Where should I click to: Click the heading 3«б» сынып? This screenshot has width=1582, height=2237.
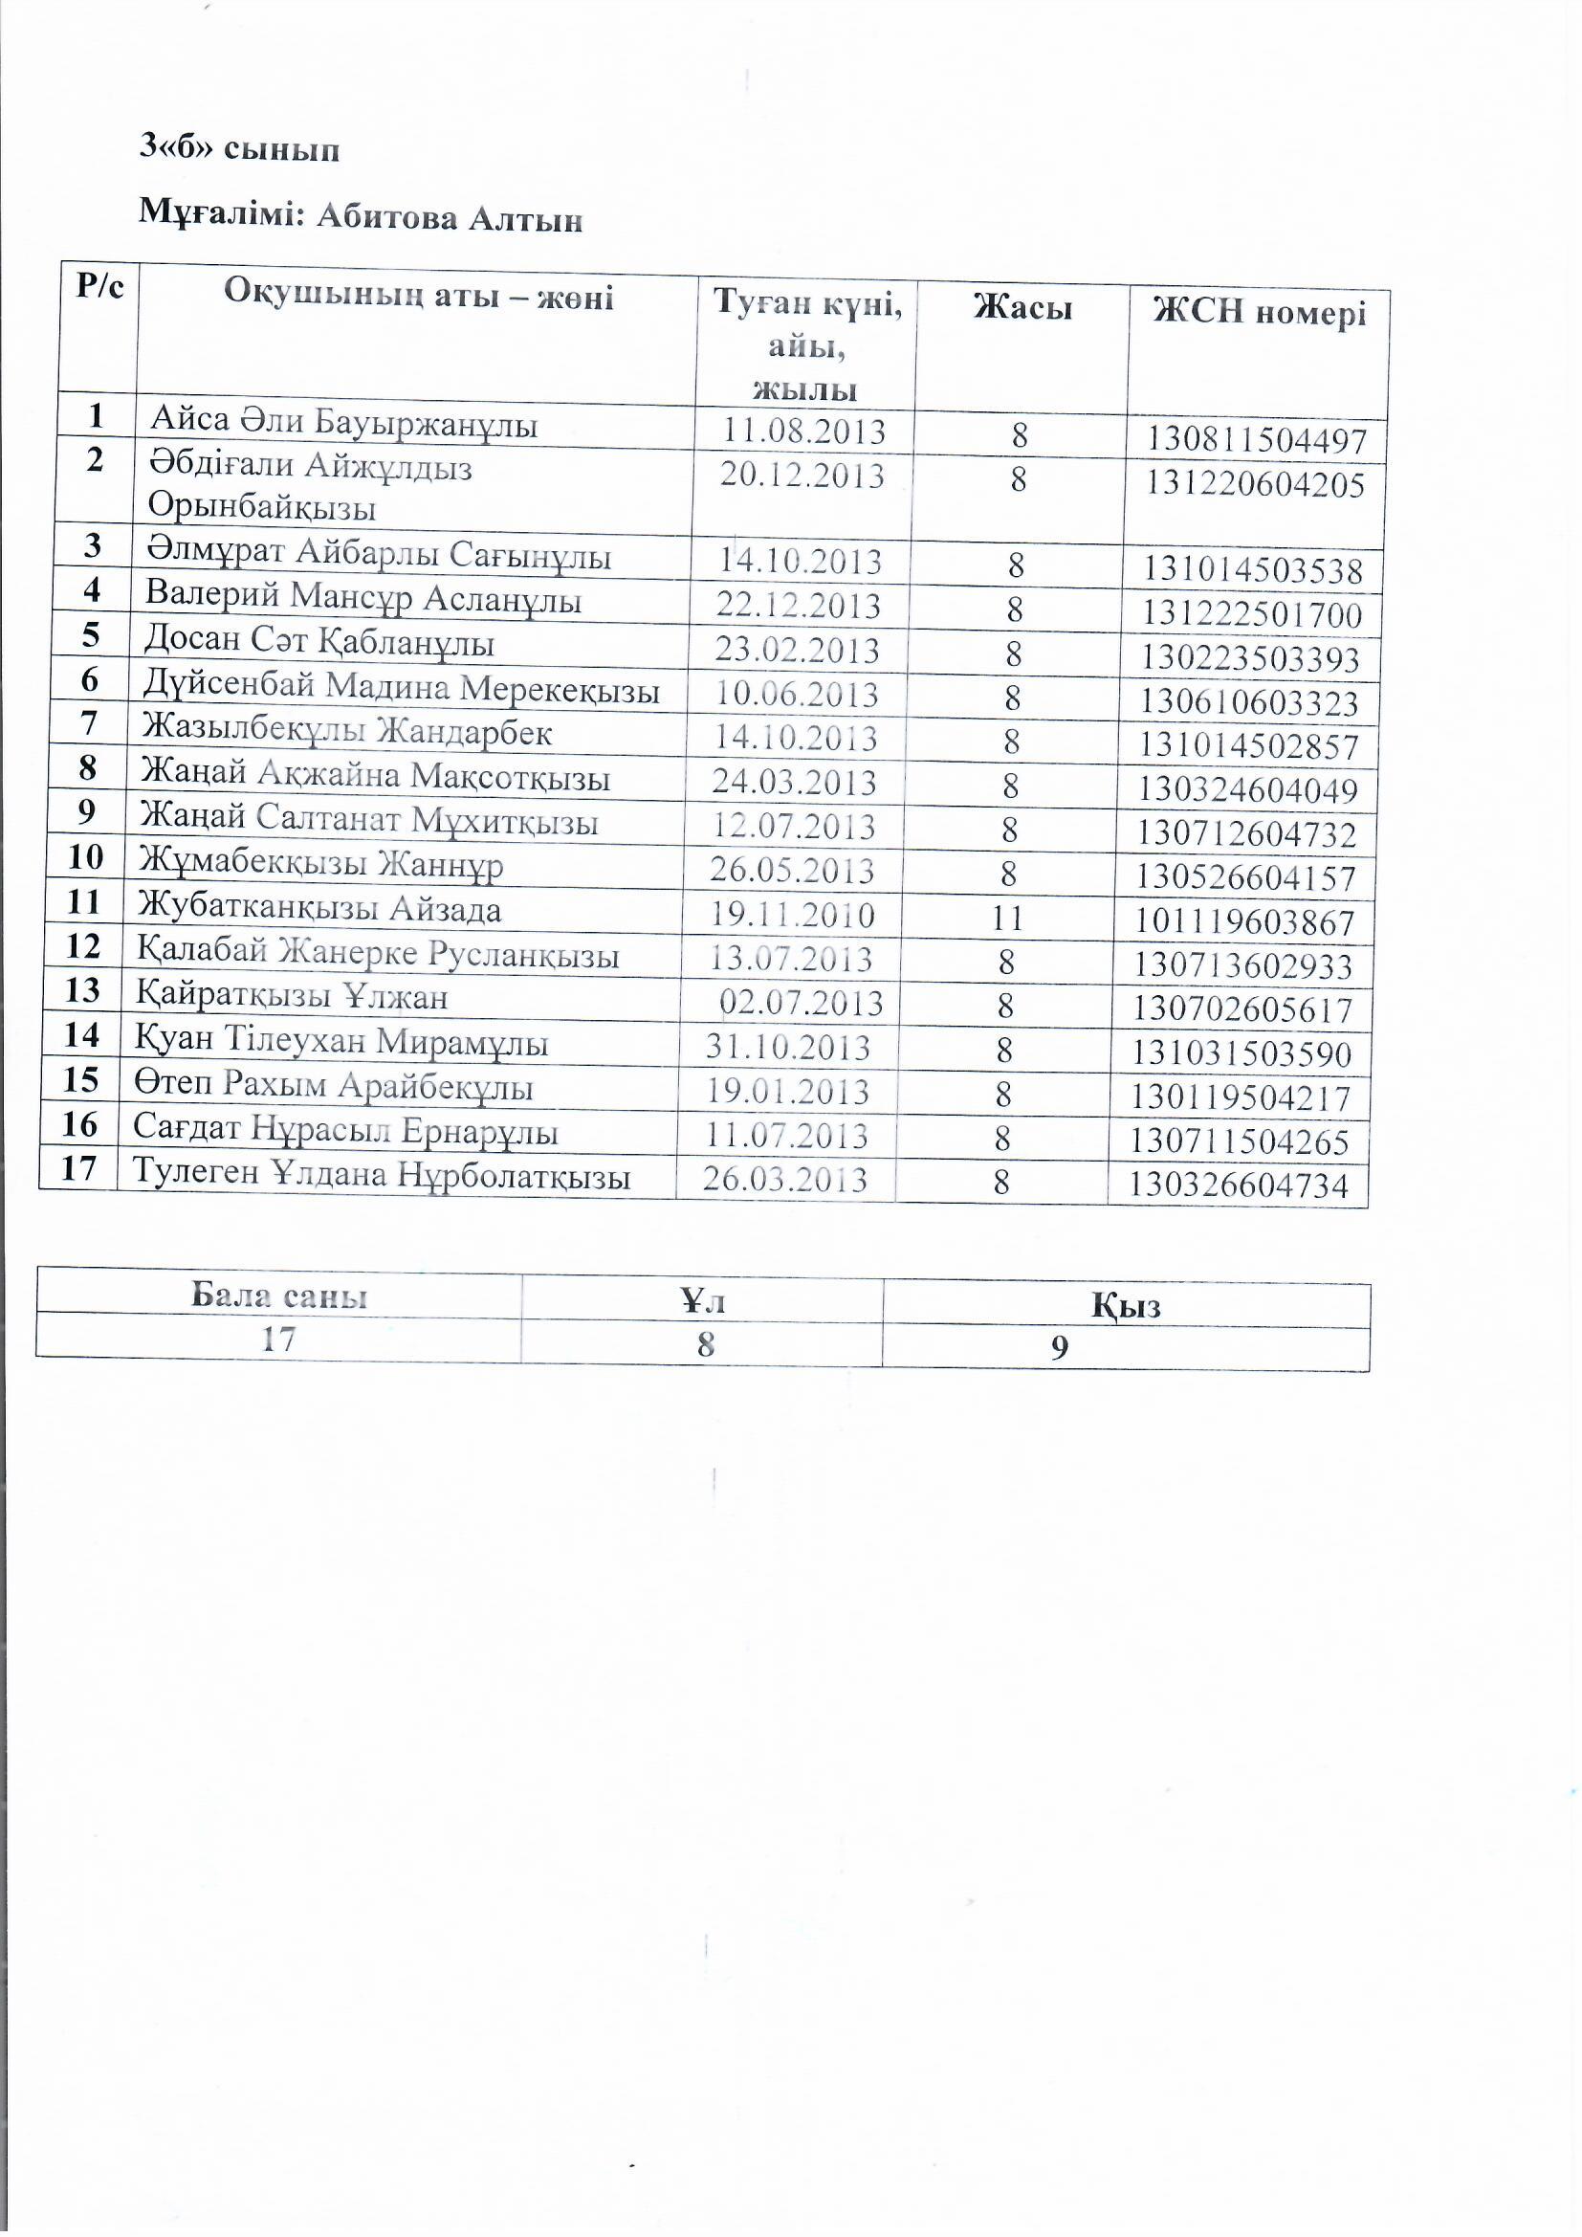click(240, 148)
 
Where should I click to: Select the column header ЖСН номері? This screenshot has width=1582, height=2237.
click(1259, 312)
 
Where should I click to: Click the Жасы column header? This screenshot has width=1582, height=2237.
click(1022, 308)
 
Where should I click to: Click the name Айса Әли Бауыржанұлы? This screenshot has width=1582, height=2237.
click(343, 422)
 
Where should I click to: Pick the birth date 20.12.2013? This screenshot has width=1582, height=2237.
click(802, 476)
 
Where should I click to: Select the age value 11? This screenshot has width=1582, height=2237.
click(1006, 917)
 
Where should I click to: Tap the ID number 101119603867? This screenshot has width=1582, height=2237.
click(1244, 921)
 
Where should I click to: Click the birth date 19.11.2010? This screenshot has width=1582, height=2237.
click(791, 915)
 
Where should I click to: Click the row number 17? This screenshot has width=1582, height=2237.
click(78, 1167)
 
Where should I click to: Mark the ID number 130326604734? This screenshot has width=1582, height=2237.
click(1238, 1185)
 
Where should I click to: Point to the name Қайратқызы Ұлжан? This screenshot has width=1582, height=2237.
click(292, 997)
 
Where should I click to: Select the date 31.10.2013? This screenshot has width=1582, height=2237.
click(787, 1048)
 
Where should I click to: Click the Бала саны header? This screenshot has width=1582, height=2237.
click(278, 1295)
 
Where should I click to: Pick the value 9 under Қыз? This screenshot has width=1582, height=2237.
click(1059, 1347)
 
